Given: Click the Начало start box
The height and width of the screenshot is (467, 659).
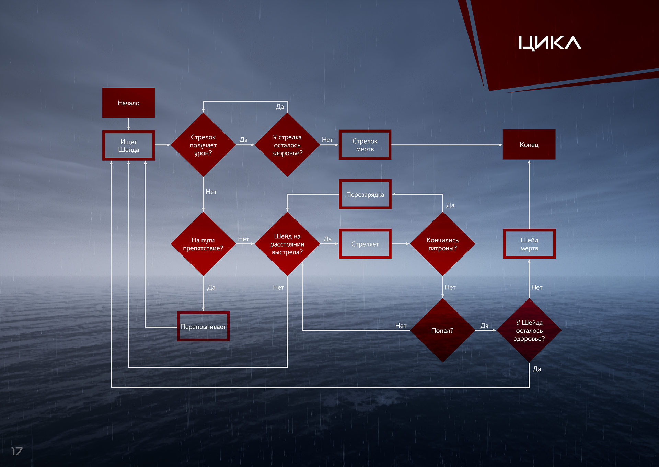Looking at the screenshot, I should tap(128, 103).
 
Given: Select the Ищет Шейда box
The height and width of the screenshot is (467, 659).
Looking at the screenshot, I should tap(128, 146).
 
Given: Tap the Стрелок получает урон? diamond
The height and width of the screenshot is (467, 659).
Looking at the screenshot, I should tap(203, 145).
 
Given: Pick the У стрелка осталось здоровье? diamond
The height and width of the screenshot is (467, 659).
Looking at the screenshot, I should tap(287, 145).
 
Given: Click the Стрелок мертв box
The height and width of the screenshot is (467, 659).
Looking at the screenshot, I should tap(365, 145).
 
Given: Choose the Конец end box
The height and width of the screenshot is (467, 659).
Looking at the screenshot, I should tap(529, 145).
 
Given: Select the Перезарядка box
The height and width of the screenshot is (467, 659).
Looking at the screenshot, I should tap(365, 194).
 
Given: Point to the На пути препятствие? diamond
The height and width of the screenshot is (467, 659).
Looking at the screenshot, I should tap(203, 244).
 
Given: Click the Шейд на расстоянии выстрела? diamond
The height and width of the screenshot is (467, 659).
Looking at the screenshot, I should tap(287, 244).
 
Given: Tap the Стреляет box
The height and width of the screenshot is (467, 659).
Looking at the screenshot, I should tap(365, 244).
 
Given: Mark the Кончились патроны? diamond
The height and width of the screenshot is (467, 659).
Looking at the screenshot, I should tap(442, 244).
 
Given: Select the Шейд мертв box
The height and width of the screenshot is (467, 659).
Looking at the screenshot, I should tap(529, 244).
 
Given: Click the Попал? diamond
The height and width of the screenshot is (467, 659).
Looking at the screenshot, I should tap(442, 330).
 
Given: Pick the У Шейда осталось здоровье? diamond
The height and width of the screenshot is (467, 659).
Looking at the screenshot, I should tap(529, 330).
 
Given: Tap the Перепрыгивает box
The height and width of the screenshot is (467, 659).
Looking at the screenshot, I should tap(203, 326).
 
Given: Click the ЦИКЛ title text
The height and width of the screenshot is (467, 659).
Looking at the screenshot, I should tap(550, 43).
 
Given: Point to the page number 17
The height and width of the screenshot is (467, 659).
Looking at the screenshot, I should tap(17, 451).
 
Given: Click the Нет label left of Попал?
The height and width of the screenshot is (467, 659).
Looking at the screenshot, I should tap(401, 326).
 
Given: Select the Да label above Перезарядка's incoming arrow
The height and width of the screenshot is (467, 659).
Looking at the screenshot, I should tap(450, 205).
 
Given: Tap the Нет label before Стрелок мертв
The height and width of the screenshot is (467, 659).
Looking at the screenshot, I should tap(327, 140).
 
